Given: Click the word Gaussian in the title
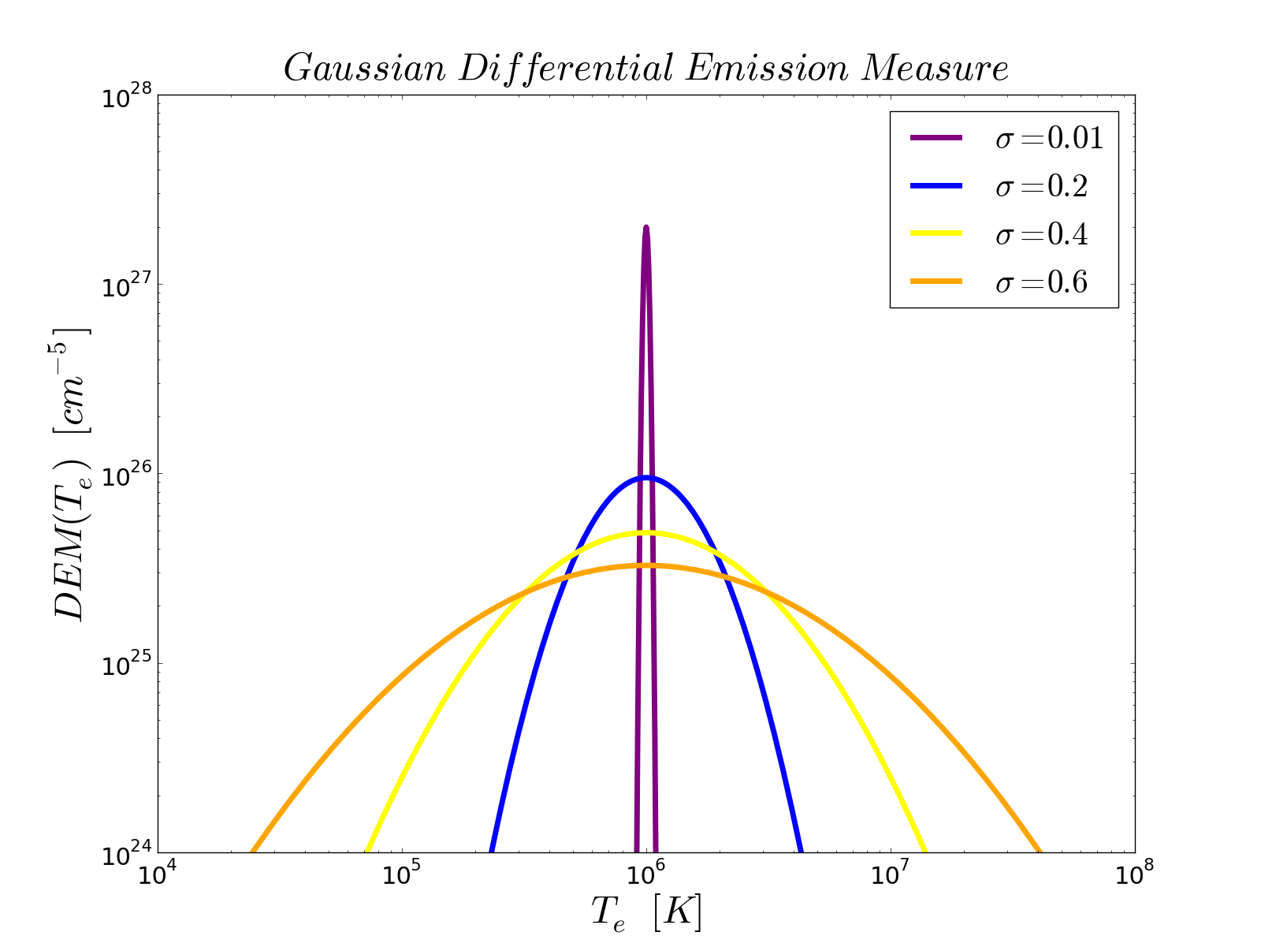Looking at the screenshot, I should [364, 69].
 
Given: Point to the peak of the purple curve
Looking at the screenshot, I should [646, 228].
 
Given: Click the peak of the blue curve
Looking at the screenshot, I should [646, 477].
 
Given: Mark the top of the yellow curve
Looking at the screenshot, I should [646, 533].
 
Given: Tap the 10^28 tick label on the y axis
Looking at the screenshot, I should [125, 97].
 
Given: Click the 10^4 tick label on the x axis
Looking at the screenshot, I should [158, 876].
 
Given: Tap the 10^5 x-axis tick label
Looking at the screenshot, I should [403, 876].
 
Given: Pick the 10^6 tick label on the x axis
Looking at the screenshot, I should [647, 876].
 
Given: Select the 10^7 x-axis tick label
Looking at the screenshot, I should [891, 876].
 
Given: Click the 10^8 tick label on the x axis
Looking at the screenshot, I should [1135, 876].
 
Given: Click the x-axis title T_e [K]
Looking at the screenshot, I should [646, 915].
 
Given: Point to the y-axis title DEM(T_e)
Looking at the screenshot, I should [71, 473].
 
